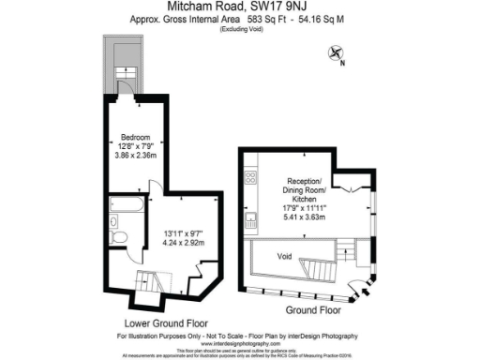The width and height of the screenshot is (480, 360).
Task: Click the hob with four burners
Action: (x=250, y=177)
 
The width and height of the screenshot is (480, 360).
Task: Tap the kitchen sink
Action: (x=250, y=220)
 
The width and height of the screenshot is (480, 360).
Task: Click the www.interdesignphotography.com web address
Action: (x=239, y=343)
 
